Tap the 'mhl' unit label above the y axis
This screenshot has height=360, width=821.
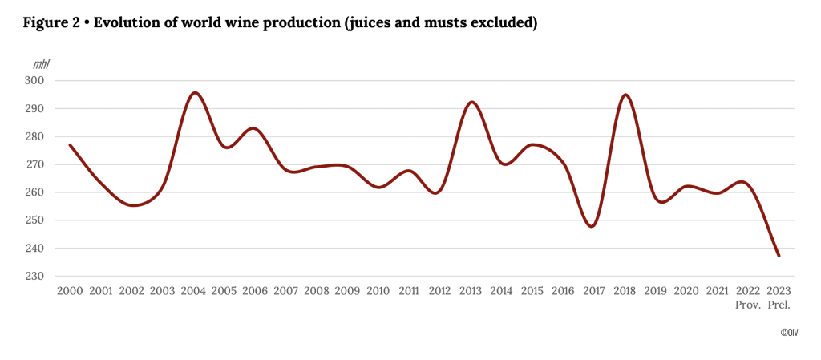click(x=41, y=63)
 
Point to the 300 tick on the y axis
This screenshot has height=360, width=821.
click(x=41, y=81)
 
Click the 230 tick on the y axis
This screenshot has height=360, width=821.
click(x=41, y=277)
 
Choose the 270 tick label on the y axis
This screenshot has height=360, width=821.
click(x=41, y=164)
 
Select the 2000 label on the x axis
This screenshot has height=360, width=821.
click(x=71, y=290)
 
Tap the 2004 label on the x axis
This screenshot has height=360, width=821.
click(x=194, y=290)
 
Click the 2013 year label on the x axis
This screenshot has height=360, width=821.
click(x=471, y=290)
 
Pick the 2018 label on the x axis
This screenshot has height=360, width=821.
click(x=625, y=290)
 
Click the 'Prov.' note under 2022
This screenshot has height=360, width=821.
click(x=747, y=305)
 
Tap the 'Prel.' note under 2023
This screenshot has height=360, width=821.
click(x=779, y=305)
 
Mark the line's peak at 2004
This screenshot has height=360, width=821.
click(x=195, y=92)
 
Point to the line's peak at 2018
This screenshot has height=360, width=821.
click(x=625, y=95)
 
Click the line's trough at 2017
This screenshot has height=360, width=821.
click(x=592, y=227)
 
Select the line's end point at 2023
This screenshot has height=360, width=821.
click(x=779, y=256)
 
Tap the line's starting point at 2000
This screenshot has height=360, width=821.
click(x=71, y=145)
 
